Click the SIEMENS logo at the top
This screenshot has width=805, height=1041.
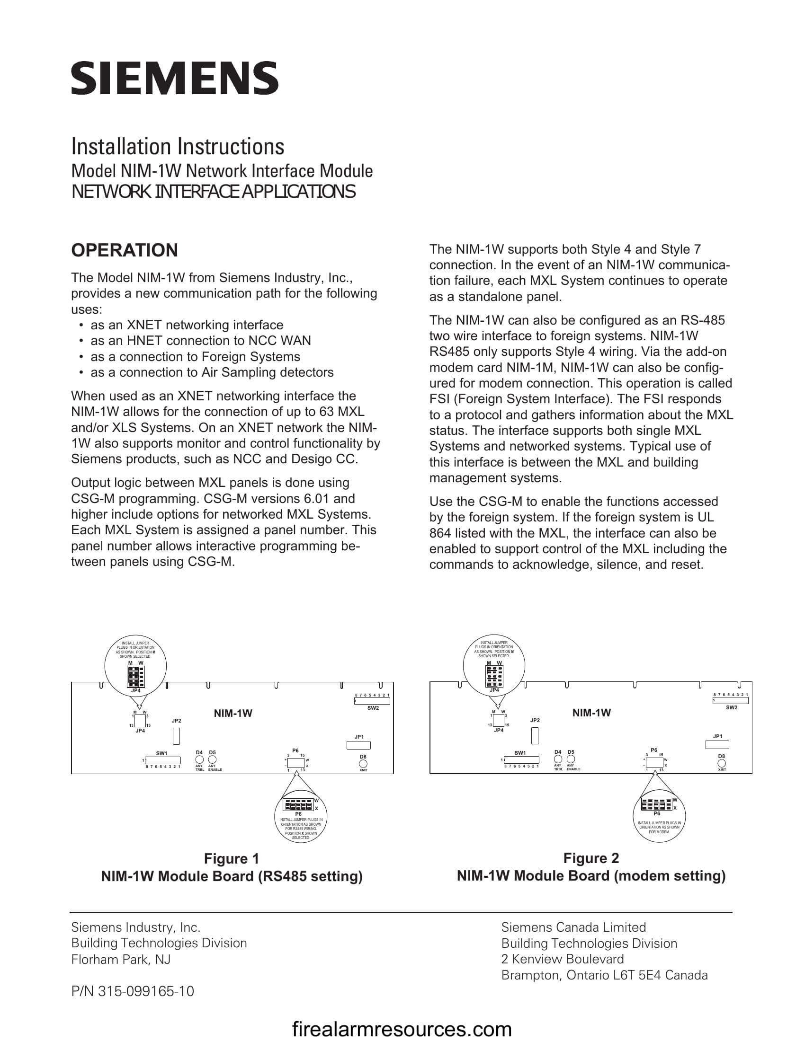click(x=175, y=78)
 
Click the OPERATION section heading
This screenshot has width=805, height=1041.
click(x=125, y=250)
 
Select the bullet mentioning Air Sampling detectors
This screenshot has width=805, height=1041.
click(x=212, y=372)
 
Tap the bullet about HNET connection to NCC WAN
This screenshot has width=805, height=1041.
click(x=200, y=340)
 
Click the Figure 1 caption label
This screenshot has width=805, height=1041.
click(x=231, y=858)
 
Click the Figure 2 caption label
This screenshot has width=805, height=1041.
click(x=591, y=858)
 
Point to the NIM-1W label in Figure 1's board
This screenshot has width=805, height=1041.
click(x=233, y=713)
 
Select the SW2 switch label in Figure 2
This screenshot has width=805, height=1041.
click(x=731, y=708)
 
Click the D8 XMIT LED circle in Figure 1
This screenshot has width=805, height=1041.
click(x=363, y=763)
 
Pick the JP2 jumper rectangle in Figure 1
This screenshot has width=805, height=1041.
click(x=176, y=736)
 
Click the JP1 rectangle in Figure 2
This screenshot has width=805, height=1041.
click(x=717, y=744)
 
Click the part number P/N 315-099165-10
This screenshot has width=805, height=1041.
click(x=133, y=991)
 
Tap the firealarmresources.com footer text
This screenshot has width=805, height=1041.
click(x=402, y=1029)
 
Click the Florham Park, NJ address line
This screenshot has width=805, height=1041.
click(x=121, y=960)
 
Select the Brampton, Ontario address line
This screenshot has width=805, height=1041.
click(x=604, y=975)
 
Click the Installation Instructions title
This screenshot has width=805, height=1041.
click(x=178, y=146)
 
